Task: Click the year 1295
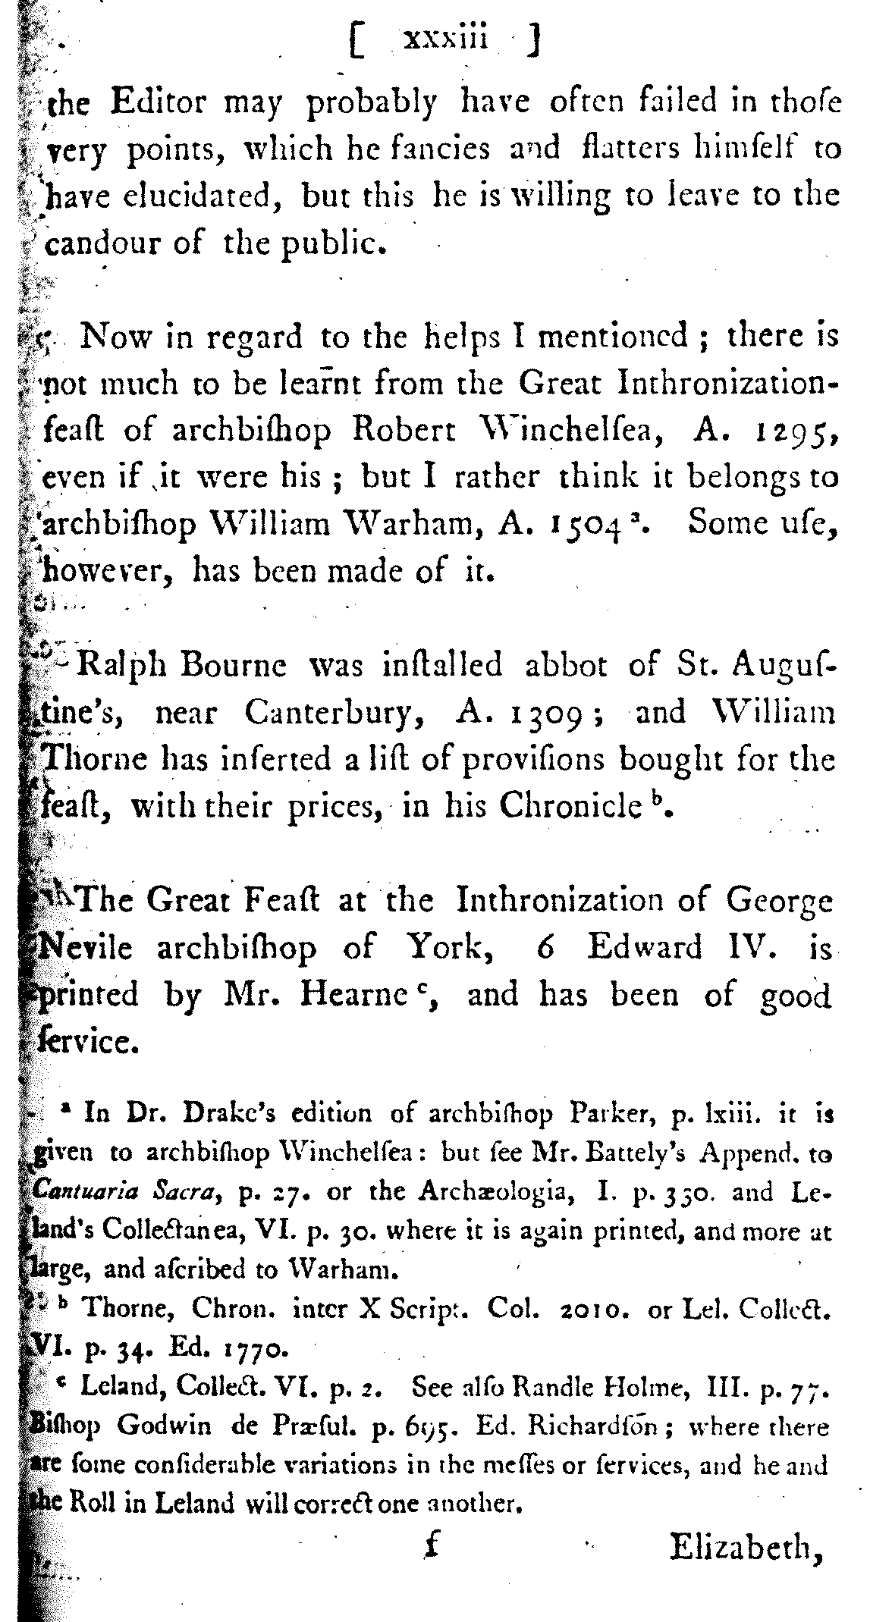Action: pyautogui.click(x=798, y=431)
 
